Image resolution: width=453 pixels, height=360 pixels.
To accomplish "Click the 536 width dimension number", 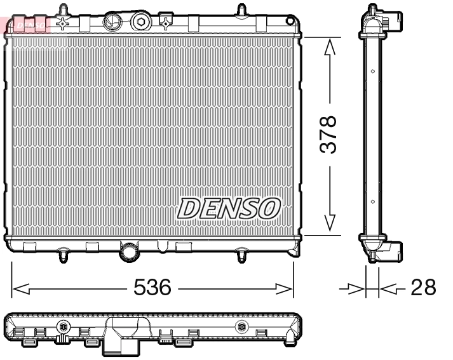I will coord(152,288).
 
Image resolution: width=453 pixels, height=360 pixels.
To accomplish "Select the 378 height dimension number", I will coord(328,134).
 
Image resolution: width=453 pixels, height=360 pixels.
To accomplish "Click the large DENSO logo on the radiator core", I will coord(229,208).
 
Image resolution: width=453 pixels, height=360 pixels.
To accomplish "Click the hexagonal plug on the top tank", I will coord(140,23).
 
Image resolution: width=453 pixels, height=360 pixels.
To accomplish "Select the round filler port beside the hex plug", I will coord(112,21).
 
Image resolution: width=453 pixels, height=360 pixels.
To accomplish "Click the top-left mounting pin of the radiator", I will coord(63,11).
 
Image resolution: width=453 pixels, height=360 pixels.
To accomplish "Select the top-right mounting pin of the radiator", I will coord(241,11).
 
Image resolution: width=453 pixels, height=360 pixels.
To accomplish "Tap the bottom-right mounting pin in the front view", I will coord(241,256).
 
